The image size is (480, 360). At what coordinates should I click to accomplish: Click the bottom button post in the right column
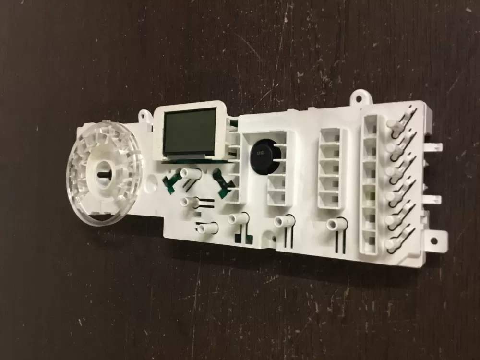[x=391, y=244]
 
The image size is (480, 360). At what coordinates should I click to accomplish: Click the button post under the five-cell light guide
[x=332, y=223]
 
